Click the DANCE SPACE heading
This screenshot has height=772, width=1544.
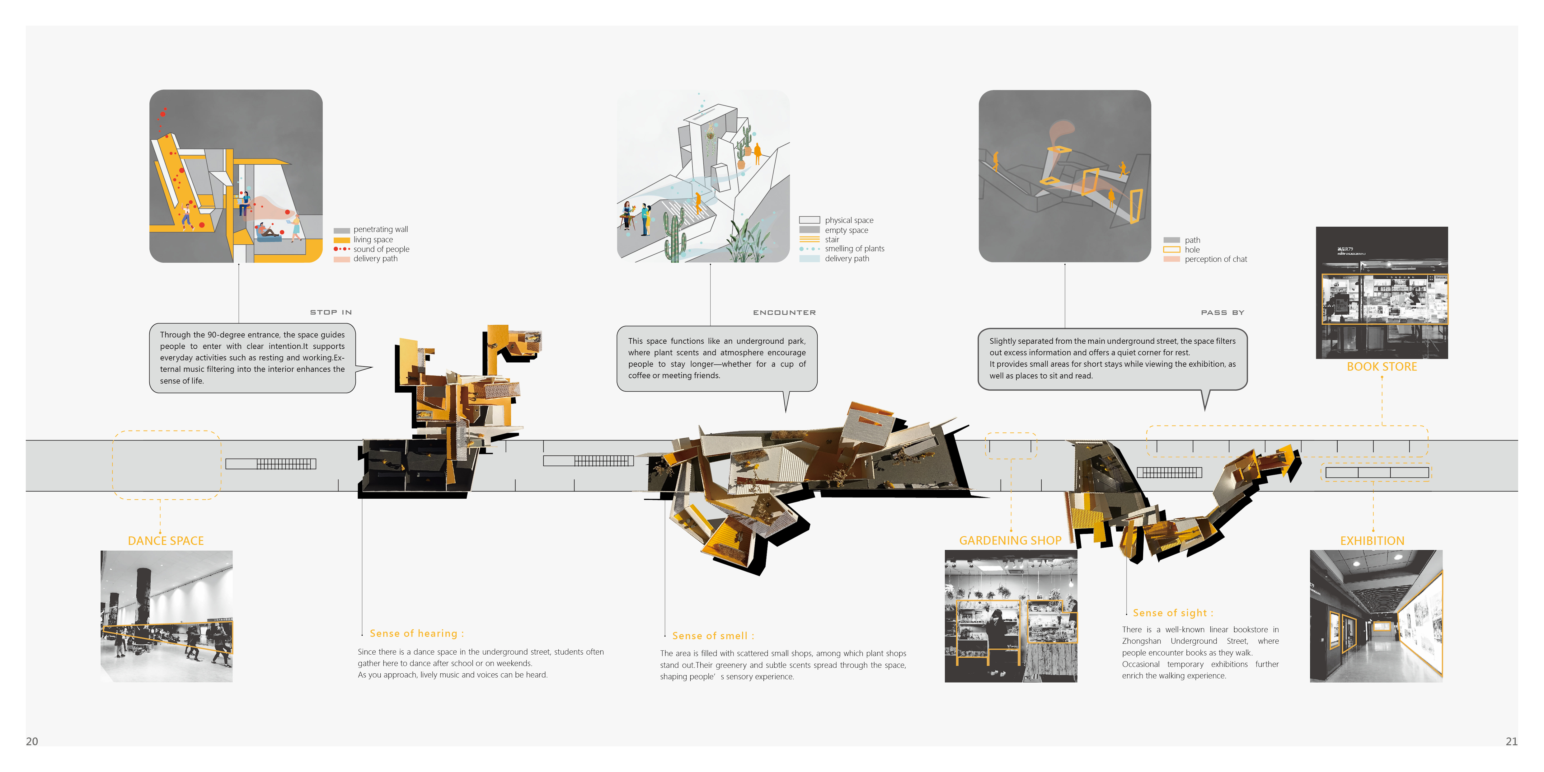click(166, 541)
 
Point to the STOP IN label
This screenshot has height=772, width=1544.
click(331, 312)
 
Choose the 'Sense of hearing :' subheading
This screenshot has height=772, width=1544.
click(416, 633)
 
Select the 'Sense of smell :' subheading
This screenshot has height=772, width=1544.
click(713, 636)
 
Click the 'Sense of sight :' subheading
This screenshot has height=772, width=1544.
click(1173, 613)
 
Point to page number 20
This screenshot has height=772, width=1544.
click(32, 741)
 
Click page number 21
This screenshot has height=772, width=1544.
click(1512, 741)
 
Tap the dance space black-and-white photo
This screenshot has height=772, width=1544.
click(167, 616)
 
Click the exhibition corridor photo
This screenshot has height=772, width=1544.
click(1376, 616)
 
